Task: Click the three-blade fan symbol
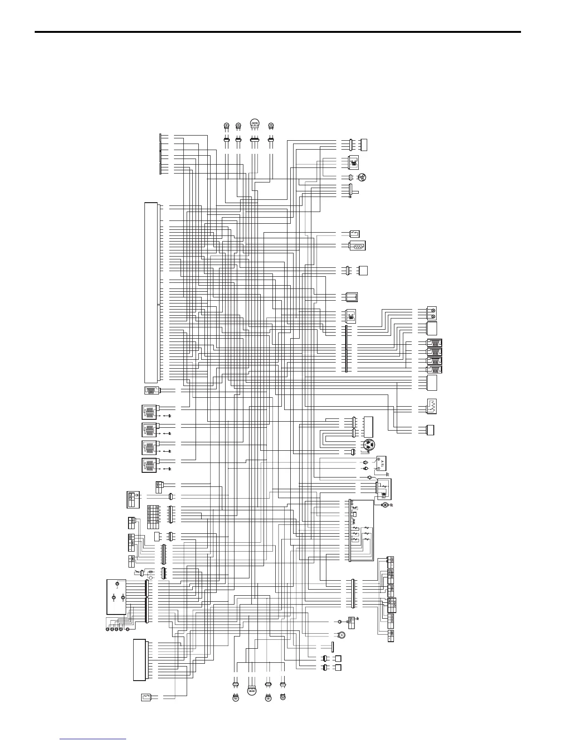click(362, 177)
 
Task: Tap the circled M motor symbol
click(385, 505)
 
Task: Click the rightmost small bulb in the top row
click(271, 125)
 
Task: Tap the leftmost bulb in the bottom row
click(236, 698)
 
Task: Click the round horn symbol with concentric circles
click(343, 636)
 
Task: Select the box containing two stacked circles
click(432, 313)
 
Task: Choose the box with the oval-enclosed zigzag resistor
click(357, 245)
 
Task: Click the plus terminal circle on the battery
click(379, 459)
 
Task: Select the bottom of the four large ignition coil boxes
click(149, 466)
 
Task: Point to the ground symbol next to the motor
click(391, 505)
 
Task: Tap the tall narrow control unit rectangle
click(151, 292)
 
